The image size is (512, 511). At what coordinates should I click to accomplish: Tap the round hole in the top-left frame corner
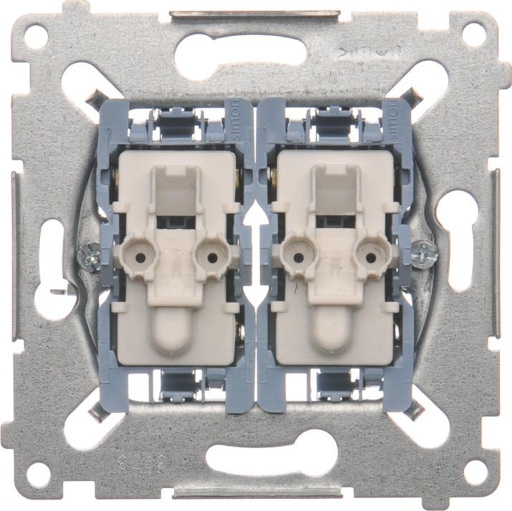pos(37,35)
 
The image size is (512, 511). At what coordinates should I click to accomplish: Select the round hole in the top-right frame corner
pos(473,34)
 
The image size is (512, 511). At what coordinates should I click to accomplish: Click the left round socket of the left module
pos(139,254)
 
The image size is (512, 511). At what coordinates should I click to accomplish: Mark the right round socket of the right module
pos(369,254)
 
